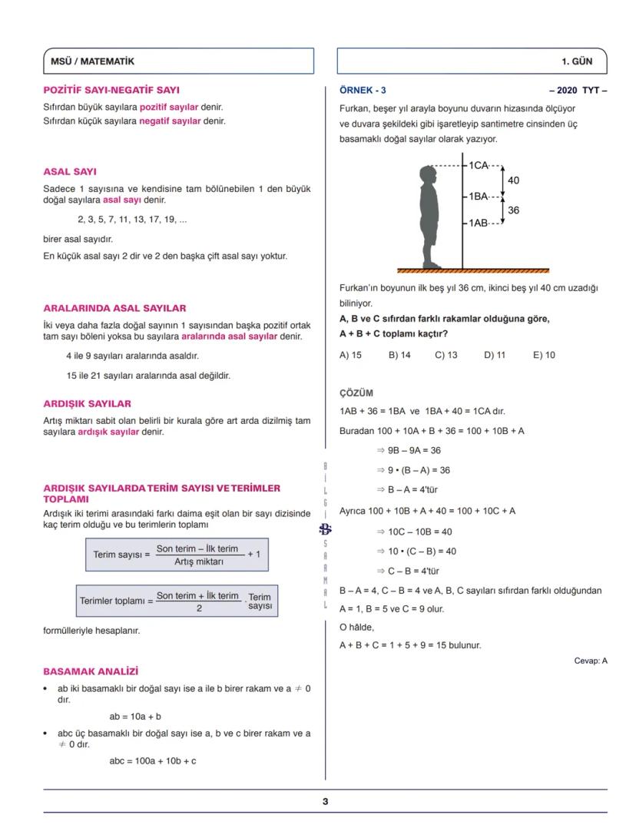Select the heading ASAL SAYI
70,171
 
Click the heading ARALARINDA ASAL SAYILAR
114,308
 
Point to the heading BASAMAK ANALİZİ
91,671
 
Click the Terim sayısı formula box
177,554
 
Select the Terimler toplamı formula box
177,601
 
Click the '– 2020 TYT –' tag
578,90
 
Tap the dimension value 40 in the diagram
514,181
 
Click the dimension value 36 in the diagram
514,209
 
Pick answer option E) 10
544,355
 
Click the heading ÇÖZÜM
356,393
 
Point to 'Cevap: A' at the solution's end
590,661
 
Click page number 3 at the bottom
325,802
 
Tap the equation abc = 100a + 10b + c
153,761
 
